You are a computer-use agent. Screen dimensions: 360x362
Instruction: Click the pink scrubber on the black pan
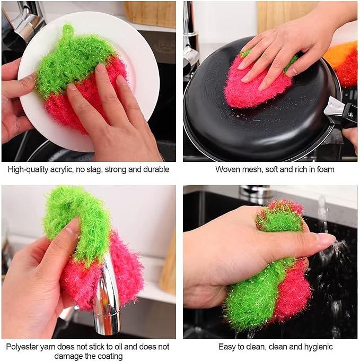[257, 83]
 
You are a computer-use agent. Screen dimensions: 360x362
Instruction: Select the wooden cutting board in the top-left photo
[150, 14]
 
